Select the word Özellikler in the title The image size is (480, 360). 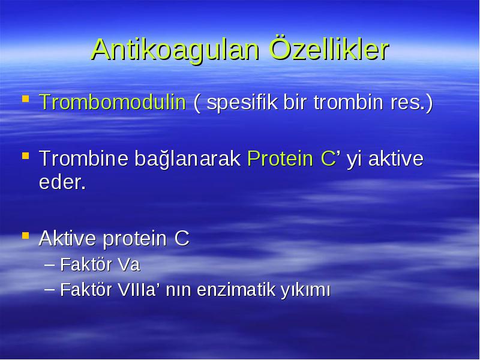tap(329, 49)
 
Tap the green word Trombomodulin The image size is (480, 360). tap(112, 102)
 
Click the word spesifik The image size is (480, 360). tap(242, 103)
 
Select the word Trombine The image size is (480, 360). tap(83, 158)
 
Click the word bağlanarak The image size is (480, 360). tap(187, 159)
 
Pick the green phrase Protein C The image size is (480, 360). tap(292, 158)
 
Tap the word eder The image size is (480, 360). tap(62, 182)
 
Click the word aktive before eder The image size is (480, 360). tap(396, 158)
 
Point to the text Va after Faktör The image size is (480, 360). tap(129, 265)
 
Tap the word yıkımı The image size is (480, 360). tap(305, 290)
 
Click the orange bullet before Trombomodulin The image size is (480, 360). tap(26, 99)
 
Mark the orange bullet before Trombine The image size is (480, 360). tap(26, 156)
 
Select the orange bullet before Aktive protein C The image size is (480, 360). tap(26, 235)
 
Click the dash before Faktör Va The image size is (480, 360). tap(50, 265)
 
